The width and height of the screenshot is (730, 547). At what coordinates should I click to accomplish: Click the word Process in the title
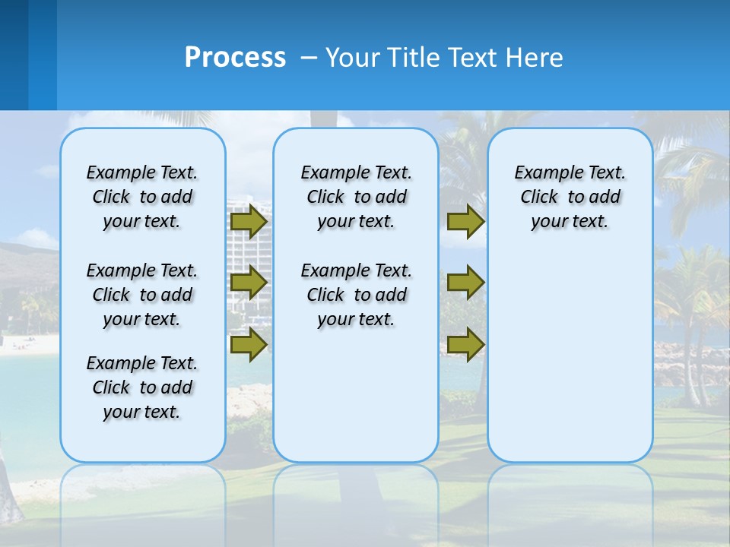point(235,58)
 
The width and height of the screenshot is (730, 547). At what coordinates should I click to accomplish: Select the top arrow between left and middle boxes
point(249,221)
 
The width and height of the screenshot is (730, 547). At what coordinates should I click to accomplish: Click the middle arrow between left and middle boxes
point(249,283)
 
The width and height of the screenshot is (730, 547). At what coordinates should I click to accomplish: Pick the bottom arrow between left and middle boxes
point(249,344)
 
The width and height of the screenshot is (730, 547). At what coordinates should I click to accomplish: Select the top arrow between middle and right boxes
point(465,221)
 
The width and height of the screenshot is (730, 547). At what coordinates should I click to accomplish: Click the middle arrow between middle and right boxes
point(465,283)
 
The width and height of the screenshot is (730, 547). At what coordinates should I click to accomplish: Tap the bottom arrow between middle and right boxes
point(465,344)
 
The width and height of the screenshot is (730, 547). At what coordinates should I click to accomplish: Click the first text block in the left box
point(142,197)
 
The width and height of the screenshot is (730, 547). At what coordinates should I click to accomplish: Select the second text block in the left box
point(142,295)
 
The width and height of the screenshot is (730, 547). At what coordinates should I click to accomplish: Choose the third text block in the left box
point(142,387)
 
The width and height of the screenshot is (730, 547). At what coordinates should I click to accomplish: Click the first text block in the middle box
point(357,197)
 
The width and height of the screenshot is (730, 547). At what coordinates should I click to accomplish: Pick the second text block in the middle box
point(357,295)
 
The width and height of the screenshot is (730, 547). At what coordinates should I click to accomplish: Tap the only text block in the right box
point(570,197)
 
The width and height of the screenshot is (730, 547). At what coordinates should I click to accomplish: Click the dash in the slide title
point(309,58)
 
